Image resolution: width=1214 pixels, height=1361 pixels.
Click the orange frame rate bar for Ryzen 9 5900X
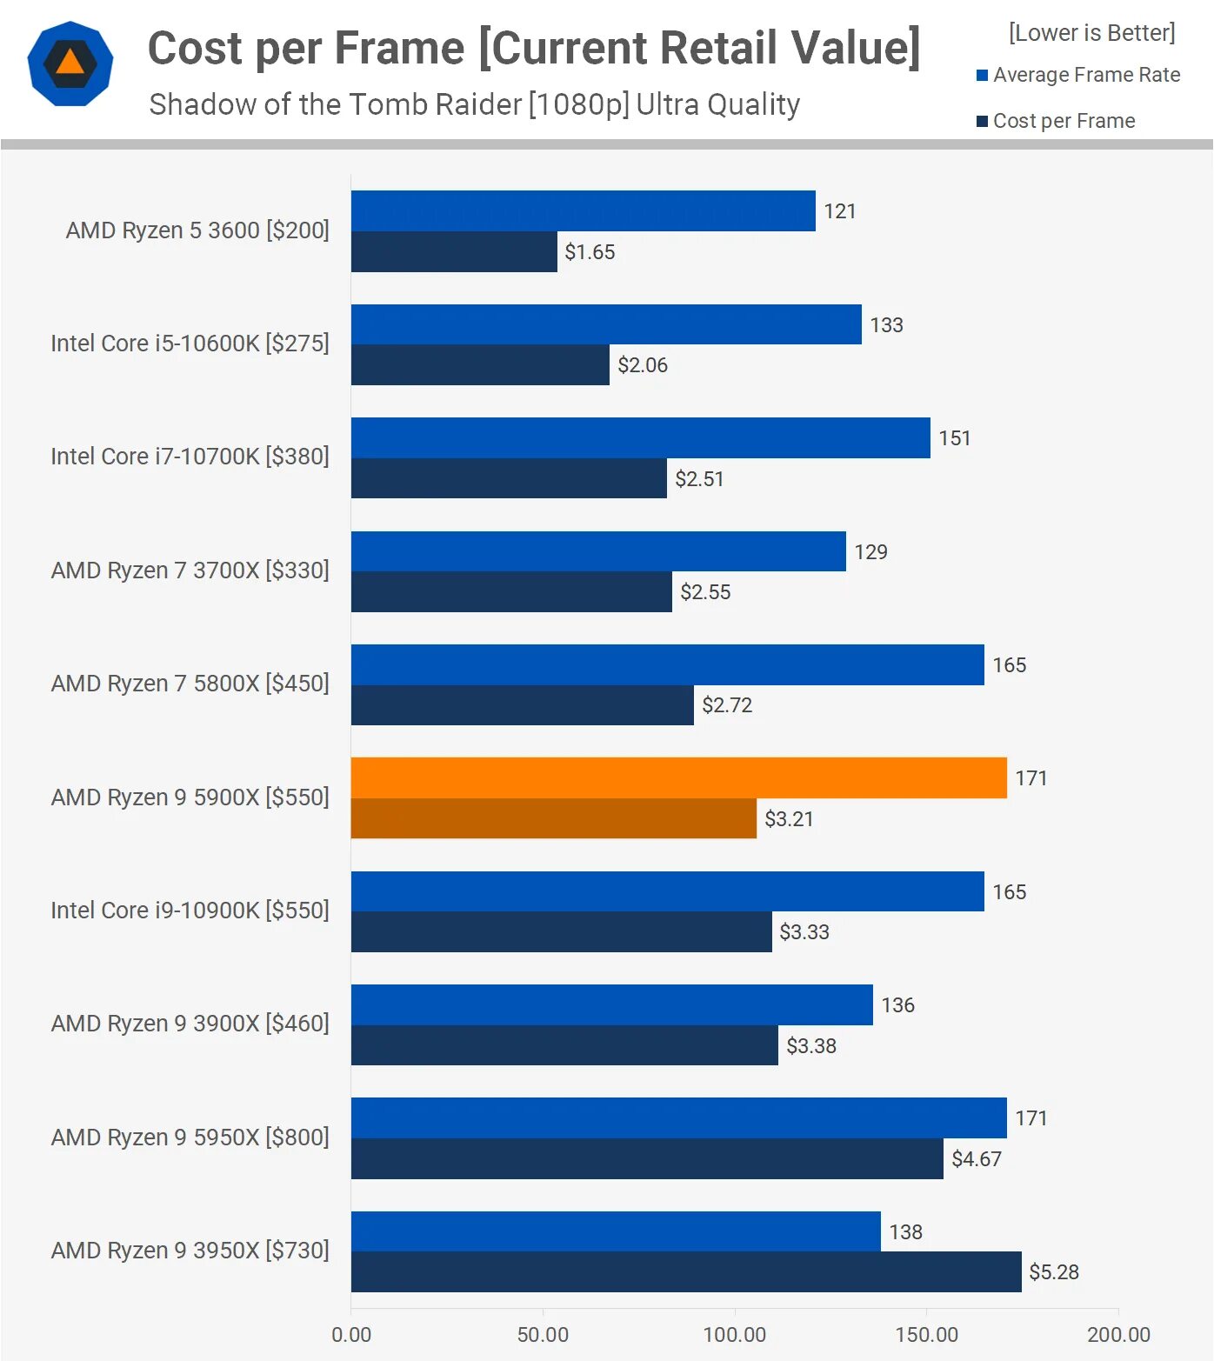click(x=678, y=777)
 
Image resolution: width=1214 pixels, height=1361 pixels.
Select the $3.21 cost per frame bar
click(x=553, y=818)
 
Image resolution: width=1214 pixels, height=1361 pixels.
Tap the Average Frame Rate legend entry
click(x=1078, y=75)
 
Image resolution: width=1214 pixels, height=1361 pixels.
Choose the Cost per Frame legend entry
click(x=1056, y=121)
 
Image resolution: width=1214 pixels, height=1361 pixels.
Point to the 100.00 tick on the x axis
click(x=734, y=1334)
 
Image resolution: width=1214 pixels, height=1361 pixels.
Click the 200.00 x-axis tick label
click(x=1117, y=1334)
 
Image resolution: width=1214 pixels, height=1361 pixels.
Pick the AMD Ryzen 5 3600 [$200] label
click(x=197, y=230)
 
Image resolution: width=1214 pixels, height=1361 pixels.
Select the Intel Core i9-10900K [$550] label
click(x=190, y=911)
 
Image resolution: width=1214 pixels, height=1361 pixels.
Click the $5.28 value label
click(x=1053, y=1272)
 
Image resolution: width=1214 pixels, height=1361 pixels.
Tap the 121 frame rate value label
click(x=839, y=211)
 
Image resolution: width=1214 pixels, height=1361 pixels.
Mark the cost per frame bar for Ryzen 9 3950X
click(x=685, y=1271)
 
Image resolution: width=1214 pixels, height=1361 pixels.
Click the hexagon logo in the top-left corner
click(x=70, y=63)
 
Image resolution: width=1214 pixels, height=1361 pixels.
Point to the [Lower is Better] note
click(x=1091, y=33)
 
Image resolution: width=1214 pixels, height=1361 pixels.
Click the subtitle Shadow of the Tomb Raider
click(x=474, y=104)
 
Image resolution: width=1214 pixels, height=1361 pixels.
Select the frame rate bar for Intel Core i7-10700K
click(x=640, y=437)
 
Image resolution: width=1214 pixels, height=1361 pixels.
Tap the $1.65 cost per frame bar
click(x=454, y=251)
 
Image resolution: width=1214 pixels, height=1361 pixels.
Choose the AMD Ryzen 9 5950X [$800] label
click(x=190, y=1138)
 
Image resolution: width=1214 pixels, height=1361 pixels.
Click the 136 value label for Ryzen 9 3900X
click(x=897, y=1005)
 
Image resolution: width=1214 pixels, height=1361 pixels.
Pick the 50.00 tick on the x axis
click(x=543, y=1334)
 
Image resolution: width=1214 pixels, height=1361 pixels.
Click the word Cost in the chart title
click(x=196, y=48)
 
